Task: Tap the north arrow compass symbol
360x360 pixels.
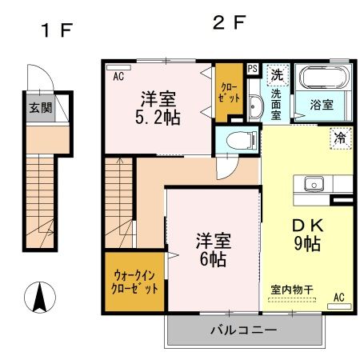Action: (38, 298)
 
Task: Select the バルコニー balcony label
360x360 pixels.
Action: (243, 330)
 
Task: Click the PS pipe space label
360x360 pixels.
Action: (252, 69)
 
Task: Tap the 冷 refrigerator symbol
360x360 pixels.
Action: (340, 138)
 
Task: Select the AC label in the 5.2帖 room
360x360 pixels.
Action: (118, 78)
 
